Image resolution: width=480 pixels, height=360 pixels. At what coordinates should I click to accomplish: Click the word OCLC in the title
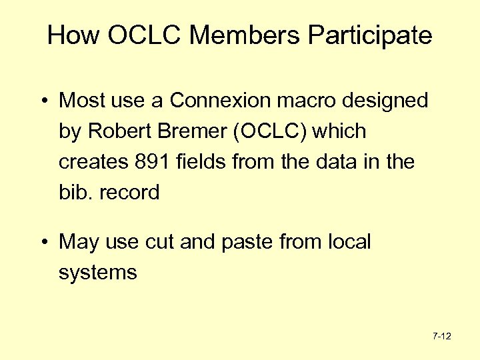[x=144, y=35]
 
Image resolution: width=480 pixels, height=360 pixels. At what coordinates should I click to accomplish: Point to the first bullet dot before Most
[x=42, y=101]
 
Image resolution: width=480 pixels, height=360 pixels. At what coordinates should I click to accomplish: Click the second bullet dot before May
[x=42, y=242]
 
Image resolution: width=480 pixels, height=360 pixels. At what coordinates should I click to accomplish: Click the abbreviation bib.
[x=77, y=193]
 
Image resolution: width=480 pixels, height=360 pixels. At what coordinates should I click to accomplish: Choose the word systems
[x=98, y=273]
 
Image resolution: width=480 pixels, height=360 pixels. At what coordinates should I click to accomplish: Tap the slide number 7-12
[x=442, y=337]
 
